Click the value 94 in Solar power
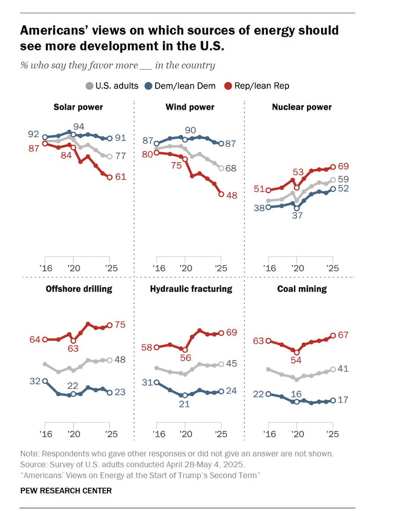(x=79, y=126)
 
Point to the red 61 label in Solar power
(x=121, y=177)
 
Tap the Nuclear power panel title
(x=302, y=107)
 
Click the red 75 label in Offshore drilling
(x=121, y=325)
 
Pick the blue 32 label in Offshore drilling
(x=35, y=381)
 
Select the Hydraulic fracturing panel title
(x=191, y=289)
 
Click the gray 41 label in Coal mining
(x=343, y=369)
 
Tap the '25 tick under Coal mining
(x=332, y=434)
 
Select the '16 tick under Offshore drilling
(x=45, y=434)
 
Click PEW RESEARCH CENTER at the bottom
(x=66, y=491)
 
